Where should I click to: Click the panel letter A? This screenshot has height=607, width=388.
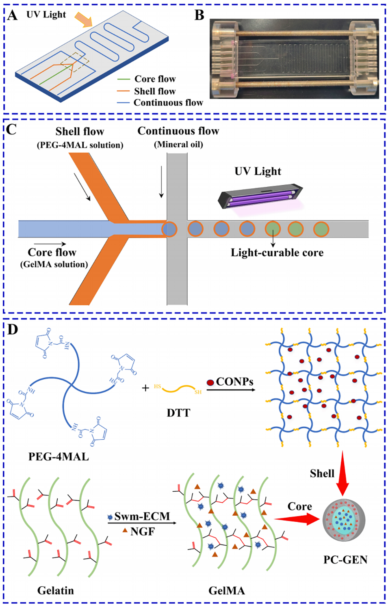pos(12,15)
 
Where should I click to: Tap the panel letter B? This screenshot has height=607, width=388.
pos(199,15)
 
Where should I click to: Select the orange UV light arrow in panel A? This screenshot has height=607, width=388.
pos(84,19)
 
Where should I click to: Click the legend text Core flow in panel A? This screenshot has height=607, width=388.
pos(155,79)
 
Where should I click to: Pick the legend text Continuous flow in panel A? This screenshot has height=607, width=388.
pos(168,103)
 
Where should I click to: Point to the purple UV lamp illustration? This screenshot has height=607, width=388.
pos(260,196)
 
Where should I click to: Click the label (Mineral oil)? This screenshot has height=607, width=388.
pos(178,145)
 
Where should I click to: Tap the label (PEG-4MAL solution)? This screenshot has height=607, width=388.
pos(80,145)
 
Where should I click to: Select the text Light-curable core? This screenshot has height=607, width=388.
pos(277,253)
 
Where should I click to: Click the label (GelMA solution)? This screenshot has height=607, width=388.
pos(54,264)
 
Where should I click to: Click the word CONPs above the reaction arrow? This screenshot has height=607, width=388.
pos(234,382)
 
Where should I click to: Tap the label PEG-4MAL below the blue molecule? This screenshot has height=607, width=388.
pos(59,457)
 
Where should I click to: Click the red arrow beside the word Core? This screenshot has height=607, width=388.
pos(297,519)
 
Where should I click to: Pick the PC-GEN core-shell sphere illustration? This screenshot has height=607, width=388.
pos(344,521)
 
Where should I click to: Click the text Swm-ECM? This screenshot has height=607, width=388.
pos(142,516)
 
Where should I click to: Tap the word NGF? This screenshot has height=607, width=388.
pos(143,531)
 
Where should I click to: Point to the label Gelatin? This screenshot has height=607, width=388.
pos(56,590)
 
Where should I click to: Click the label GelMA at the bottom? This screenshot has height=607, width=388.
pos(226,590)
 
